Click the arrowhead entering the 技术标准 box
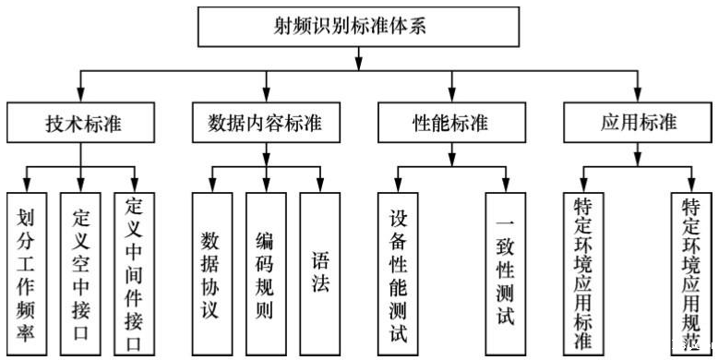(x=80, y=94)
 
